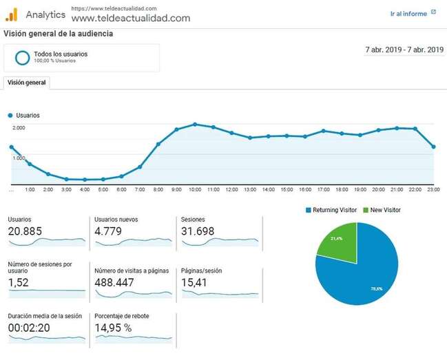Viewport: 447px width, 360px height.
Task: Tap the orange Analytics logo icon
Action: click(x=11, y=14)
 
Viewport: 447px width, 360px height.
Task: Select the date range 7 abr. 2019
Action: click(x=404, y=50)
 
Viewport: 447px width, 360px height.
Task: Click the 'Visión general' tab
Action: click(x=26, y=83)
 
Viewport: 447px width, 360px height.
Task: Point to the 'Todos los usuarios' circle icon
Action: click(x=22, y=57)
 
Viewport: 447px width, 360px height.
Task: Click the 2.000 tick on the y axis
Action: click(x=19, y=128)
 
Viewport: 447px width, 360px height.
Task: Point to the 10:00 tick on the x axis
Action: click(x=195, y=189)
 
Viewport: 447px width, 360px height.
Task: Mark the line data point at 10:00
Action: click(x=195, y=125)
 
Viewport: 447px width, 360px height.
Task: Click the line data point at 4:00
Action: click(x=85, y=180)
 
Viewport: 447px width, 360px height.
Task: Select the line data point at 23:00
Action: click(x=433, y=147)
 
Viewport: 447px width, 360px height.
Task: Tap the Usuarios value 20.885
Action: click(x=25, y=231)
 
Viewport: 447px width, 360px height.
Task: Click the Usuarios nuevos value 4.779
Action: click(x=108, y=231)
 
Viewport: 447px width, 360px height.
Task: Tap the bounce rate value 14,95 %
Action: click(x=113, y=328)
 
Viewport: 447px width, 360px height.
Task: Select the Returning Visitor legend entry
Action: click(x=332, y=210)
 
